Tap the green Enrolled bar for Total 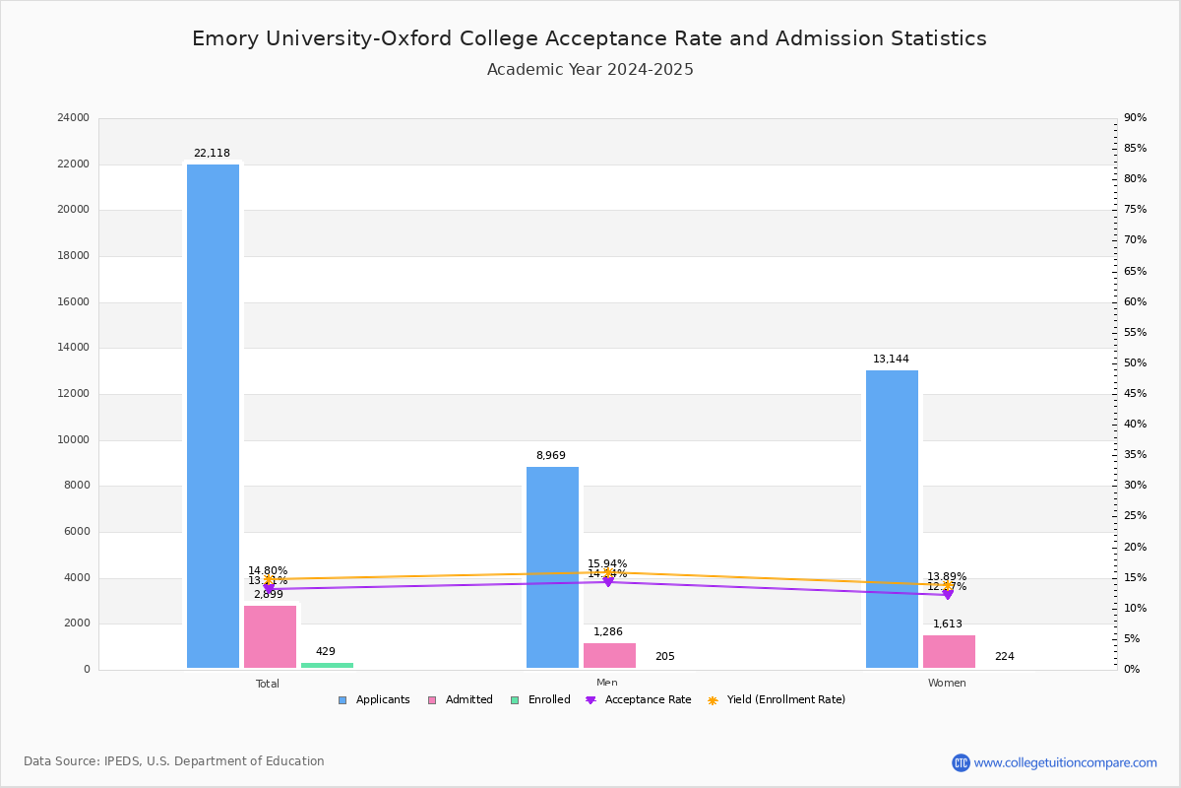click(x=327, y=665)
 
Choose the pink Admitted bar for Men click(x=609, y=655)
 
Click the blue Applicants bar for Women click(x=892, y=519)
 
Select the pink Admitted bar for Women click(x=949, y=651)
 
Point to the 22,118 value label click(x=212, y=154)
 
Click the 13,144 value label click(x=891, y=360)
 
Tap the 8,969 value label click(x=551, y=456)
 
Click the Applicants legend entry click(x=374, y=700)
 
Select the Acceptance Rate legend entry click(x=639, y=700)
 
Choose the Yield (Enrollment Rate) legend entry click(x=777, y=700)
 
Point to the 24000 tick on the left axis click(x=74, y=118)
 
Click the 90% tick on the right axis click(x=1135, y=118)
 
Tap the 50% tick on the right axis click(x=1135, y=363)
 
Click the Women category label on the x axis click(x=947, y=684)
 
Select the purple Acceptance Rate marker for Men click(x=608, y=581)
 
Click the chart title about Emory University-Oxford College click(x=590, y=38)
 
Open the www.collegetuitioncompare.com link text click(x=1065, y=762)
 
